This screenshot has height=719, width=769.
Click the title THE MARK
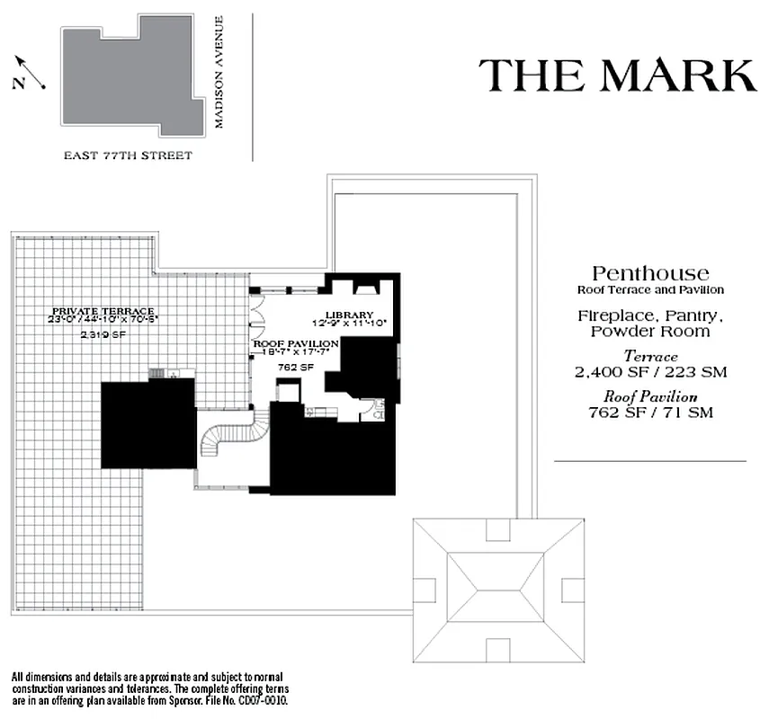(x=617, y=75)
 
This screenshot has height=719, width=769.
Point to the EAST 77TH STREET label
(x=128, y=155)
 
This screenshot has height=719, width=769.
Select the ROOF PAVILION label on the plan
(x=295, y=344)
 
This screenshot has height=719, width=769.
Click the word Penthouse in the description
(x=650, y=273)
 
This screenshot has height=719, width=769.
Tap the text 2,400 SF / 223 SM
(x=650, y=371)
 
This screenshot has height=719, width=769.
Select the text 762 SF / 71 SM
(x=650, y=413)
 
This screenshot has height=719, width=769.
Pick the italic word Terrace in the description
(x=650, y=357)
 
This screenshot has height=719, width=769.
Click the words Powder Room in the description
(x=650, y=331)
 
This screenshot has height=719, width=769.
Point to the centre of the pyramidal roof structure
(x=498, y=590)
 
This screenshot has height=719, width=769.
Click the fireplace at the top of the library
(x=367, y=288)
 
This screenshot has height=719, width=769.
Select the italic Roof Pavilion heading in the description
(x=650, y=397)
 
